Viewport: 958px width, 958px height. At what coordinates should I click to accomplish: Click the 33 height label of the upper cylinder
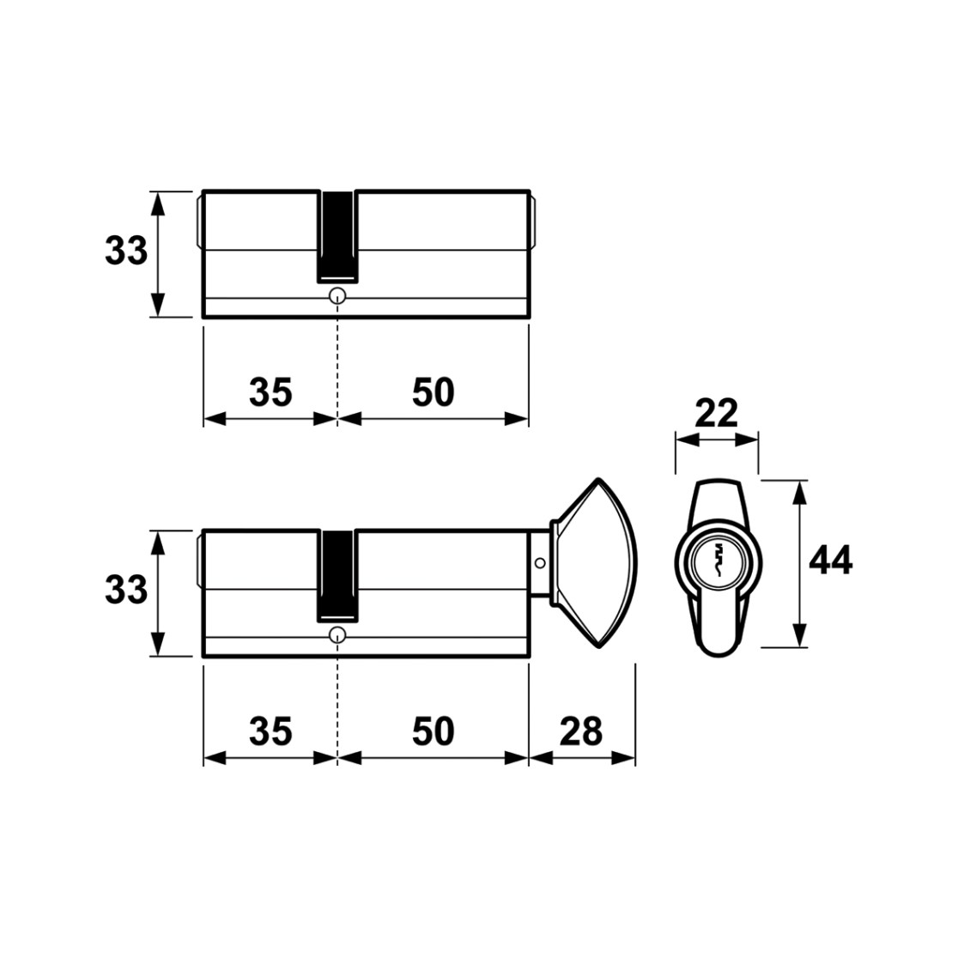[x=126, y=251]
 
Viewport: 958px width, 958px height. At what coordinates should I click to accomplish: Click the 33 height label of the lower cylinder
[x=126, y=590]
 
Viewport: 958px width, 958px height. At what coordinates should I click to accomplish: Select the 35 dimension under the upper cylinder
[x=270, y=392]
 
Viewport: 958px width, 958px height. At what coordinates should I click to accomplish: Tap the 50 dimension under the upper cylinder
[x=434, y=392]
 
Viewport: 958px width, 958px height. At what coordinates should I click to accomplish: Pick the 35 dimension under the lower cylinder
[x=270, y=731]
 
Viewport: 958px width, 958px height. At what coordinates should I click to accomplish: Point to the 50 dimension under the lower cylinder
[x=434, y=731]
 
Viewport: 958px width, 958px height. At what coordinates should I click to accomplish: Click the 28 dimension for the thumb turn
[x=581, y=731]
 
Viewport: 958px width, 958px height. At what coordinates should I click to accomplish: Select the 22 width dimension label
[x=717, y=414]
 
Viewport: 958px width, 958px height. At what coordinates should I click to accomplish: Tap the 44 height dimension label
[x=830, y=561]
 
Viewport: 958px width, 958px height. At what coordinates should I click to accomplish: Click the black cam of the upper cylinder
[x=337, y=236]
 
